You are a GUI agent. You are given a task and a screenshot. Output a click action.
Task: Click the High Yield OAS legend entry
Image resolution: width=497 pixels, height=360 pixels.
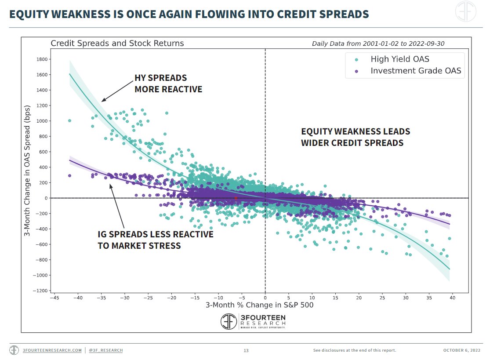pos(392,59)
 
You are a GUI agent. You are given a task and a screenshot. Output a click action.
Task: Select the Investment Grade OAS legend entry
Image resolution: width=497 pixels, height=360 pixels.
pos(408,71)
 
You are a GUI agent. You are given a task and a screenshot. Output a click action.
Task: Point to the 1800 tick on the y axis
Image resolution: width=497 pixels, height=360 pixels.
pos(42,59)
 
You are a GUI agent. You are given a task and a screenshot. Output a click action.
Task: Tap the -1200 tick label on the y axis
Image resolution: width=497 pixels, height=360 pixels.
pos(40,291)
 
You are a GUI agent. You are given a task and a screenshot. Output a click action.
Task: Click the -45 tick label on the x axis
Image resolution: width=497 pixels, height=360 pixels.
pos(54,298)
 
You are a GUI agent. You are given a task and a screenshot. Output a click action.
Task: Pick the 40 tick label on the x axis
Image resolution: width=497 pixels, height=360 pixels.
pos(452,298)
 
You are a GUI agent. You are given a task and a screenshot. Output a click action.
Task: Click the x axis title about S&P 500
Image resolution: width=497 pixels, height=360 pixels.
pos(260,305)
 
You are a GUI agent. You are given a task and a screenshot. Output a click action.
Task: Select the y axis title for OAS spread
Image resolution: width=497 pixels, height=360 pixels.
pos(27,171)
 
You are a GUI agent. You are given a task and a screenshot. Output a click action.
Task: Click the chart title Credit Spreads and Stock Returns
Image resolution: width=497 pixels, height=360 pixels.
pos(117,44)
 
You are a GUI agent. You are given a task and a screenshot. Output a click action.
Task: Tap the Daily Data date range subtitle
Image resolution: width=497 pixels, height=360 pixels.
pos(378,44)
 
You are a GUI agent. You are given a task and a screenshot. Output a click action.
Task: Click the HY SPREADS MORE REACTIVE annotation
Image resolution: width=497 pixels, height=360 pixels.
pos(168,84)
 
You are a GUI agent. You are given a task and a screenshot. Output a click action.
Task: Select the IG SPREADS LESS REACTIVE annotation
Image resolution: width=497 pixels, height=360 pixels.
pos(155,240)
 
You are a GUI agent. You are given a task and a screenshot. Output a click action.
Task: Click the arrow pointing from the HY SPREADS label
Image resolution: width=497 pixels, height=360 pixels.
pos(117,91)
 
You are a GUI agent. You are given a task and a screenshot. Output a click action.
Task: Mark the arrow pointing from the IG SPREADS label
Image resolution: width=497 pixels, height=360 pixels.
pos(116,206)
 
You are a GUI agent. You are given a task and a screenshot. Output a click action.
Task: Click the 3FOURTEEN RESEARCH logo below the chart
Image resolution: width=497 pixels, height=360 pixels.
pos(253,321)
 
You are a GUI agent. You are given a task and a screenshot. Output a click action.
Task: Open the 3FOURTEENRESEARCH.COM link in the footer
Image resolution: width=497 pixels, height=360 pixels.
pos(52,350)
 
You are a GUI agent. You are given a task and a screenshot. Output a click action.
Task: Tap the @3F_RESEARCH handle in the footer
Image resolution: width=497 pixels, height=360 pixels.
pos(106,350)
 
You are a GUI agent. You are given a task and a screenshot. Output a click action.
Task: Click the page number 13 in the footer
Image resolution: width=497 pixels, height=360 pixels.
pos(246,350)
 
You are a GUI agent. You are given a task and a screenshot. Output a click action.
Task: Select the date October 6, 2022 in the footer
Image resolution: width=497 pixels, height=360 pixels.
pos(462,350)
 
